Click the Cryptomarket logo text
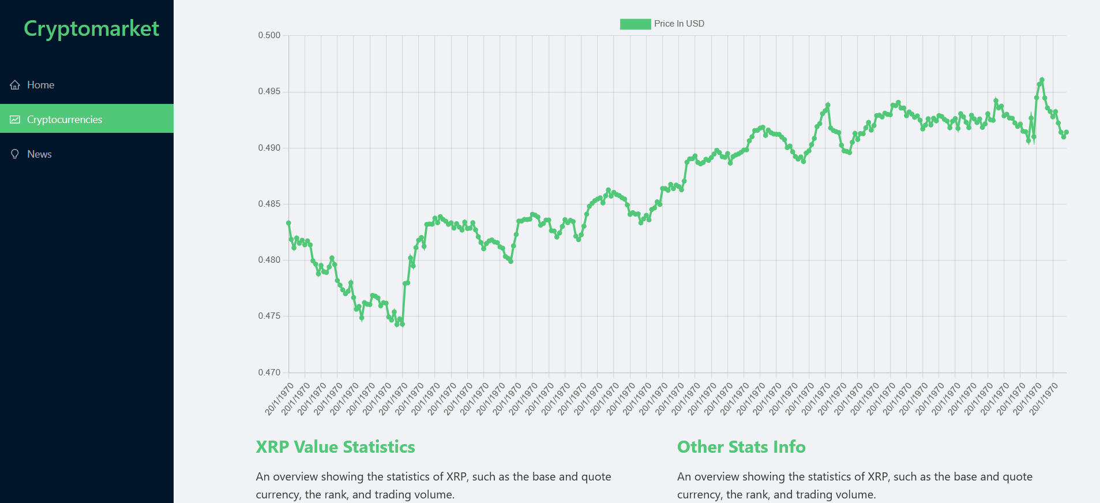(91, 28)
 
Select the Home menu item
(40, 85)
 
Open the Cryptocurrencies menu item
(64, 120)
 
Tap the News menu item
(39, 154)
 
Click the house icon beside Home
(15, 85)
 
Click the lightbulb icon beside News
(15, 154)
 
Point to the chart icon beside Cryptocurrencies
(15, 120)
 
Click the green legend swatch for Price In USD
(635, 24)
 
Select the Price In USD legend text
(679, 24)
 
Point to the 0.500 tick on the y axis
(269, 35)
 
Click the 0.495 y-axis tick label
(269, 91)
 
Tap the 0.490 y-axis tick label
(269, 148)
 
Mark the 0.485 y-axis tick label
(269, 204)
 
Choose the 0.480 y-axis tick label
(269, 260)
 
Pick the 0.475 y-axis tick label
(269, 316)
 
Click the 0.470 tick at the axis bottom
(269, 372)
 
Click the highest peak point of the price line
(1042, 80)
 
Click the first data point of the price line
(288, 223)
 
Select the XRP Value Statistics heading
(335, 447)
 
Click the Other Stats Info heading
(741, 447)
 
